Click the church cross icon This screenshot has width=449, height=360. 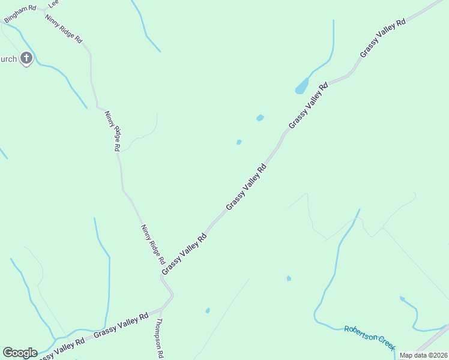(x=26, y=58)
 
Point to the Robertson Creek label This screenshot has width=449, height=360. (x=370, y=338)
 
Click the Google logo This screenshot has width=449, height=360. (x=20, y=352)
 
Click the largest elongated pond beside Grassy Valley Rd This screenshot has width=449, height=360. (x=301, y=86)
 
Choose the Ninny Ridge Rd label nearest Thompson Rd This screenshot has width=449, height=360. (x=152, y=244)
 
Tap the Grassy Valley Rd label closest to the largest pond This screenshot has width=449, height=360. (x=308, y=106)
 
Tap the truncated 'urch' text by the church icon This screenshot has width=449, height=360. (x=8, y=59)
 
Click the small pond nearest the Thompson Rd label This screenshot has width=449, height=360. (x=208, y=310)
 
